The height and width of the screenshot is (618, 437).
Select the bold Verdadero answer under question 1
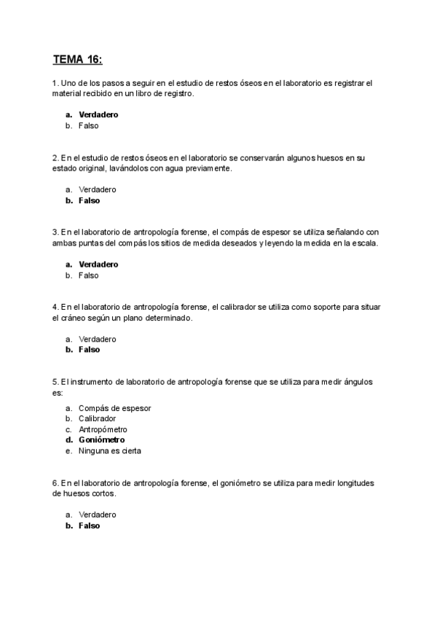click(x=98, y=114)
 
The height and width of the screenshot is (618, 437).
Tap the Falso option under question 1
click(x=88, y=125)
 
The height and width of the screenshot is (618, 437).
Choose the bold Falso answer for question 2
click(x=89, y=200)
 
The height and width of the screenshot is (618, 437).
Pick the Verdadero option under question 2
click(x=97, y=189)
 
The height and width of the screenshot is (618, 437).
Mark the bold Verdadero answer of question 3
click(x=98, y=265)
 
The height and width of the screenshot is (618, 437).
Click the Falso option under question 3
click(x=88, y=275)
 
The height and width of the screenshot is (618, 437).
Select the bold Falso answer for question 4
click(x=89, y=350)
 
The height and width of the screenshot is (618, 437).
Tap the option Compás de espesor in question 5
click(x=114, y=408)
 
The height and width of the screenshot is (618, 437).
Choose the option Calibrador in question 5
click(x=97, y=418)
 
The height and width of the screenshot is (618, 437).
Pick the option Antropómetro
click(x=103, y=429)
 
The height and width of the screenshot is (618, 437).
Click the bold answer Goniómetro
click(x=101, y=440)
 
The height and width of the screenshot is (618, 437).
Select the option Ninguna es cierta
click(x=109, y=450)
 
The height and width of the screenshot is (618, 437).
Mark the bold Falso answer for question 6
click(x=89, y=525)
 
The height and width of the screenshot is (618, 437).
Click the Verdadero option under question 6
click(x=97, y=515)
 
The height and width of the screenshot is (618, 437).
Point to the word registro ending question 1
click(x=178, y=93)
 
